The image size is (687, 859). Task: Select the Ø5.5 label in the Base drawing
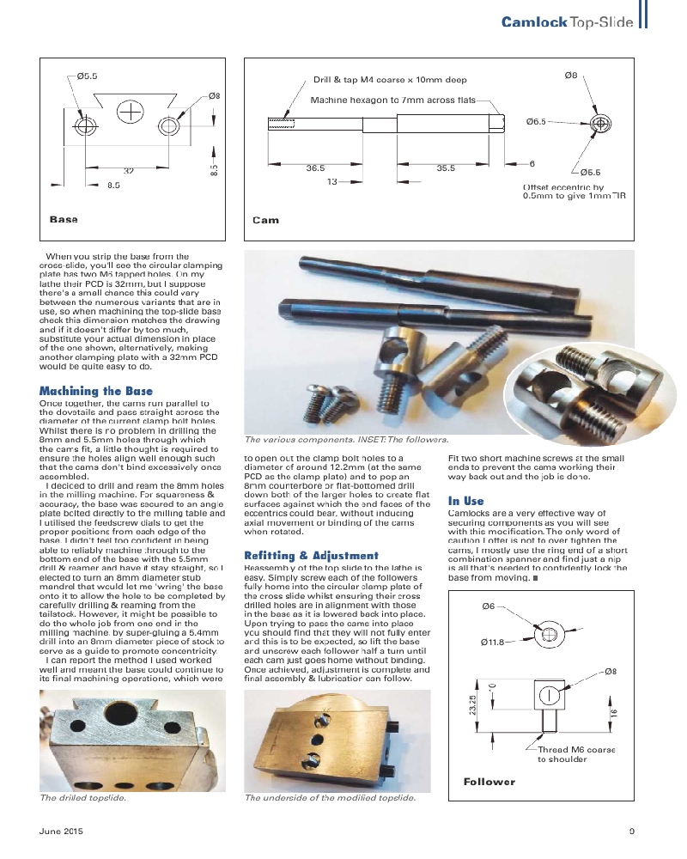click(87, 76)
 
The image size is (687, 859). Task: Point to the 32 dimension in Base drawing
click(128, 172)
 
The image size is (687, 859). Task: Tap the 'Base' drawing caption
click(64, 220)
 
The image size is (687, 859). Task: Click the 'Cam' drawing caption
click(265, 221)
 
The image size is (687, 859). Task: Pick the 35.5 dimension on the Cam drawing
click(445, 168)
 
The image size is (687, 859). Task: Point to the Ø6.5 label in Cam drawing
click(536, 123)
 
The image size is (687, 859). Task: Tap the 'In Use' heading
click(465, 501)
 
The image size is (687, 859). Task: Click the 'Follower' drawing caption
click(489, 782)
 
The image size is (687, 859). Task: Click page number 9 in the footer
click(631, 831)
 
